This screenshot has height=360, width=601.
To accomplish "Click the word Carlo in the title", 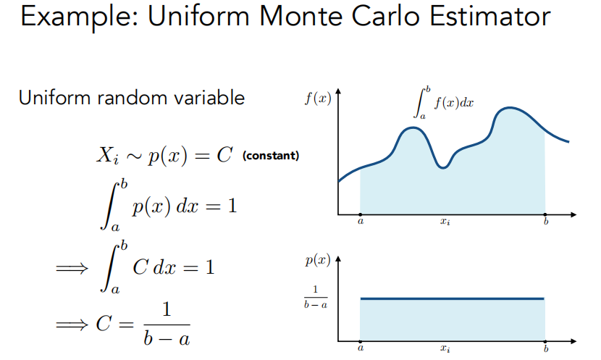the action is pyautogui.click(x=386, y=16).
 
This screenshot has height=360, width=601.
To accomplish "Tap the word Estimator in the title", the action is pyautogui.click(x=490, y=16).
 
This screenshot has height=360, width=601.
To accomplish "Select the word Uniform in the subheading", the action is pyautogui.click(x=55, y=97).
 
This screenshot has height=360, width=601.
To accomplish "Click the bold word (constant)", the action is pyautogui.click(x=271, y=156).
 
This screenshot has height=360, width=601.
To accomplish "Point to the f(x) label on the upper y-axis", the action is pyautogui.click(x=318, y=98).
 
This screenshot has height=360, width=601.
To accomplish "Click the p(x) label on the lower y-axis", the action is pyautogui.click(x=318, y=260).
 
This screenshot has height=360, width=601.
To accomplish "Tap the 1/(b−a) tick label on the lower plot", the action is pyautogui.click(x=316, y=297).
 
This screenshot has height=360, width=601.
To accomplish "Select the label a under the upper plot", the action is pyautogui.click(x=361, y=221).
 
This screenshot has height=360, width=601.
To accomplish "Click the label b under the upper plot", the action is pyautogui.click(x=546, y=221).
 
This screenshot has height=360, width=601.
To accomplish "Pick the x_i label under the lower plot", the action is pyautogui.click(x=445, y=348).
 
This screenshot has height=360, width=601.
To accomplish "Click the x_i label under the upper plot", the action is pyautogui.click(x=445, y=222).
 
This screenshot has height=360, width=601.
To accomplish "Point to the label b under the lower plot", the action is pyautogui.click(x=546, y=348).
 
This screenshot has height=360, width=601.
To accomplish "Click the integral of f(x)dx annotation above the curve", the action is pyautogui.click(x=443, y=103).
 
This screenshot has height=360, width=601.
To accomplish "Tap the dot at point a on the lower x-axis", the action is pyautogui.click(x=361, y=341).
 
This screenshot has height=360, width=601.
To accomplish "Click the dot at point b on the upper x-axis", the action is pyautogui.click(x=545, y=214).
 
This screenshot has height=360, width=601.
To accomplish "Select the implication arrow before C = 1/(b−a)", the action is pyautogui.click(x=72, y=325).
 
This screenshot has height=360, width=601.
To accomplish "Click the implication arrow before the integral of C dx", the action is pyautogui.click(x=72, y=268).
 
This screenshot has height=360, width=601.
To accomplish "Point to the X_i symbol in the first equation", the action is pyautogui.click(x=107, y=156).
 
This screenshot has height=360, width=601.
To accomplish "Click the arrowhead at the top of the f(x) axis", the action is pyautogui.click(x=338, y=91).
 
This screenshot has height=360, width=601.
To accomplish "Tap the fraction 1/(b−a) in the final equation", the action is pyautogui.click(x=167, y=325).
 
